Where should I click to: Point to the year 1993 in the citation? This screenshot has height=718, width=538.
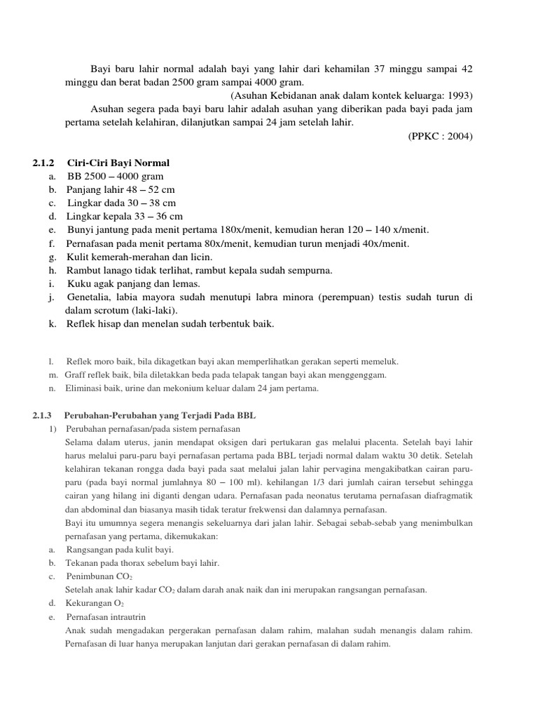coord(458,95)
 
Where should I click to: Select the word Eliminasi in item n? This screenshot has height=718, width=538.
coord(85,388)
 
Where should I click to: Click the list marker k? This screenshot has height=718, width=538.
coord(53,324)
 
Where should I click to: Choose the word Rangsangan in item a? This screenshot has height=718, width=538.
coord(90,550)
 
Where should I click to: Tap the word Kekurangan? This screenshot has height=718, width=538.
coord(90,603)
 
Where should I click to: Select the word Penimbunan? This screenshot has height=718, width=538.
coord(90,576)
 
